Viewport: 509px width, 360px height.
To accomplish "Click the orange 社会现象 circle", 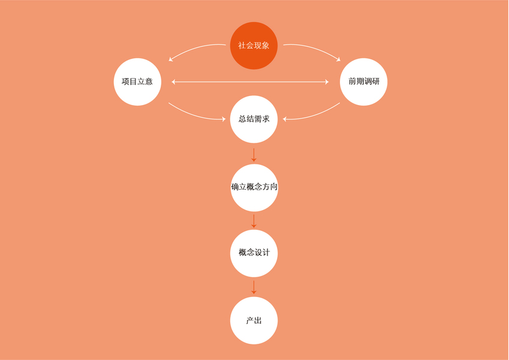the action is click(x=254, y=46).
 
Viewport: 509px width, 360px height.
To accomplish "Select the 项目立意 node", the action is click(x=137, y=82).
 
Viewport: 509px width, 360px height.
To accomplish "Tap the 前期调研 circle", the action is click(x=364, y=82).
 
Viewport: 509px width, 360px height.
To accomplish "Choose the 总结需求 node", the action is click(x=254, y=119).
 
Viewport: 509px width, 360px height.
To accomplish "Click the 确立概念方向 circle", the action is click(x=254, y=187).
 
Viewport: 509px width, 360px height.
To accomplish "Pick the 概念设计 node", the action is click(x=254, y=253).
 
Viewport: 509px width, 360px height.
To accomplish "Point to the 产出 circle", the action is click(x=254, y=320).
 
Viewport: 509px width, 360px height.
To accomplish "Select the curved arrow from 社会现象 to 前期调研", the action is click(x=315, y=49).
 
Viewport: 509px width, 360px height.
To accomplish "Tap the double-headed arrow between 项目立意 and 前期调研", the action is click(x=251, y=82).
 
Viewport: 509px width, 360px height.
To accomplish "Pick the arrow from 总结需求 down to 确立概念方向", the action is click(x=254, y=154).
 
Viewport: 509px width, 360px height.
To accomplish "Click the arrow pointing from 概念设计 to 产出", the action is click(x=254, y=287).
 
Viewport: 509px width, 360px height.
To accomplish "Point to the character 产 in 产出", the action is click(x=250, y=320).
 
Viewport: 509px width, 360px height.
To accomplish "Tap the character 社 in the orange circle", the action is click(x=242, y=46).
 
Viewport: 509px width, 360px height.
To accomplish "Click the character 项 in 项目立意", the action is click(x=125, y=82).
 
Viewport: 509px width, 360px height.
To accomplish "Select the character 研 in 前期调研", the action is click(x=376, y=82).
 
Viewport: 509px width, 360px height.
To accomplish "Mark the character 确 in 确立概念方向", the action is click(x=235, y=187).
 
